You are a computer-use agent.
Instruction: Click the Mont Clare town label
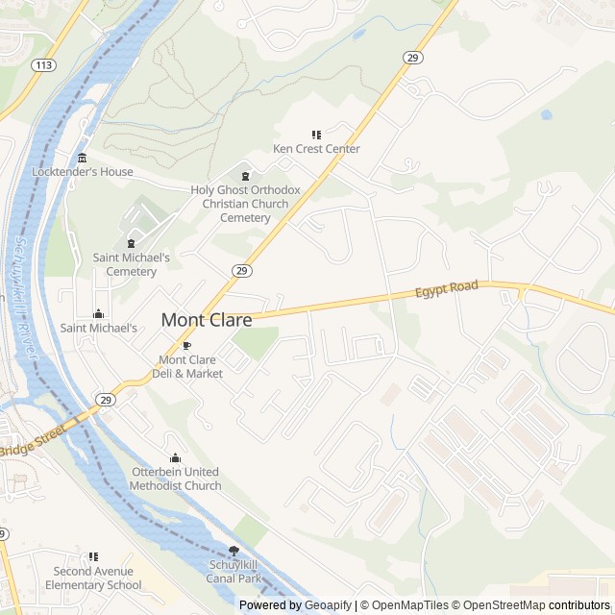point(207,320)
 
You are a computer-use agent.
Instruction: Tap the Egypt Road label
point(446,289)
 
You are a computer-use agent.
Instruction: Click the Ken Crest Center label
point(316,149)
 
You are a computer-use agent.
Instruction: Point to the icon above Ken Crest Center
point(316,135)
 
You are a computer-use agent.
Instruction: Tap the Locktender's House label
point(83,172)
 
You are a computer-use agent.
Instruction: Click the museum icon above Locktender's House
point(83,158)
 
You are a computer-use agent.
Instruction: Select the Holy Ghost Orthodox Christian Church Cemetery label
point(246,204)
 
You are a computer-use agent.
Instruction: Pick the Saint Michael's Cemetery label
point(132,264)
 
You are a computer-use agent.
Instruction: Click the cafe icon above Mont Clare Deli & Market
point(187,345)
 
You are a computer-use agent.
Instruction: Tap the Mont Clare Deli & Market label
point(190,366)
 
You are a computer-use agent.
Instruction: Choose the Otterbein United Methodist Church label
point(176,479)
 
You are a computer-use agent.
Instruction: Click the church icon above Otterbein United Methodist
point(175,458)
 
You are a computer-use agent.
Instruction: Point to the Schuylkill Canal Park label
point(234,572)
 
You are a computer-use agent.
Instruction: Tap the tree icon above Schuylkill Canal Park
point(234,551)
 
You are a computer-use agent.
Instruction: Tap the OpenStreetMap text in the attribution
point(500,605)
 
